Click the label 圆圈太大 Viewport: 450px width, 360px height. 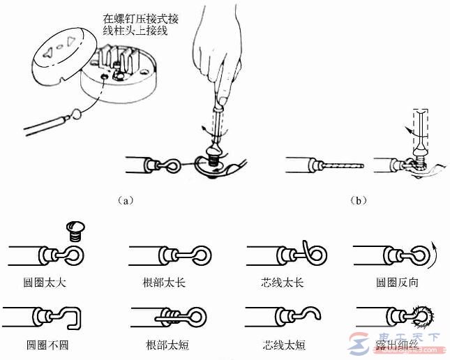point(40,285)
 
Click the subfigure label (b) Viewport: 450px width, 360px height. point(358,200)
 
